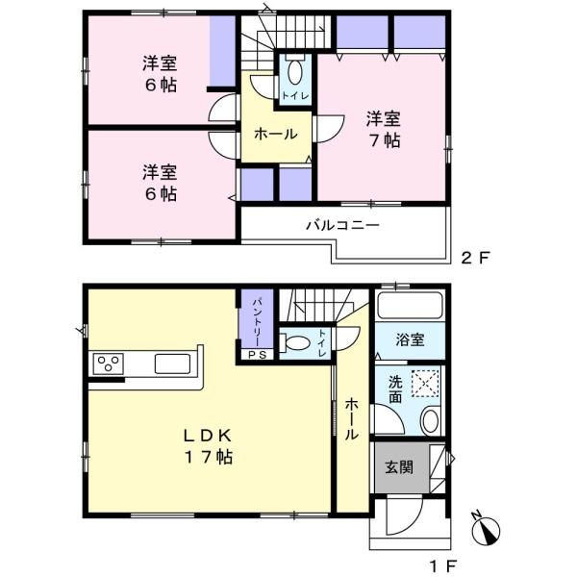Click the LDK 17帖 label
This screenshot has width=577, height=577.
click(209, 447)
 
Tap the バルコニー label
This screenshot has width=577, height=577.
click(343, 225)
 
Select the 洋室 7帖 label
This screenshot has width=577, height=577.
click(383, 130)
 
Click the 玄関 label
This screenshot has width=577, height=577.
click(399, 467)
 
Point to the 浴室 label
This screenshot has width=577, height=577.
click(410, 339)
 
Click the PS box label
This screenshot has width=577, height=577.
click(256, 355)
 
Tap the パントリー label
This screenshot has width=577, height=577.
click(257, 322)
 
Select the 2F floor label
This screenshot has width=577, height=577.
click(475, 258)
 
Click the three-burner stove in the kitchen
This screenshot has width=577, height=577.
click(108, 364)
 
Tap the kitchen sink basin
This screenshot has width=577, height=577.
click(172, 364)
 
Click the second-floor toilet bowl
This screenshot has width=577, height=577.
click(295, 71)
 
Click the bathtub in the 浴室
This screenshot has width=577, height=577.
click(410, 305)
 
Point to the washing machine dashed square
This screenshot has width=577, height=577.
click(425, 384)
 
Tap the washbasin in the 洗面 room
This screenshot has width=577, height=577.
click(430, 420)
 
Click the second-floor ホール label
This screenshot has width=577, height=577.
click(276, 134)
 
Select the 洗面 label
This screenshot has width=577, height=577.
click(395, 390)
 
